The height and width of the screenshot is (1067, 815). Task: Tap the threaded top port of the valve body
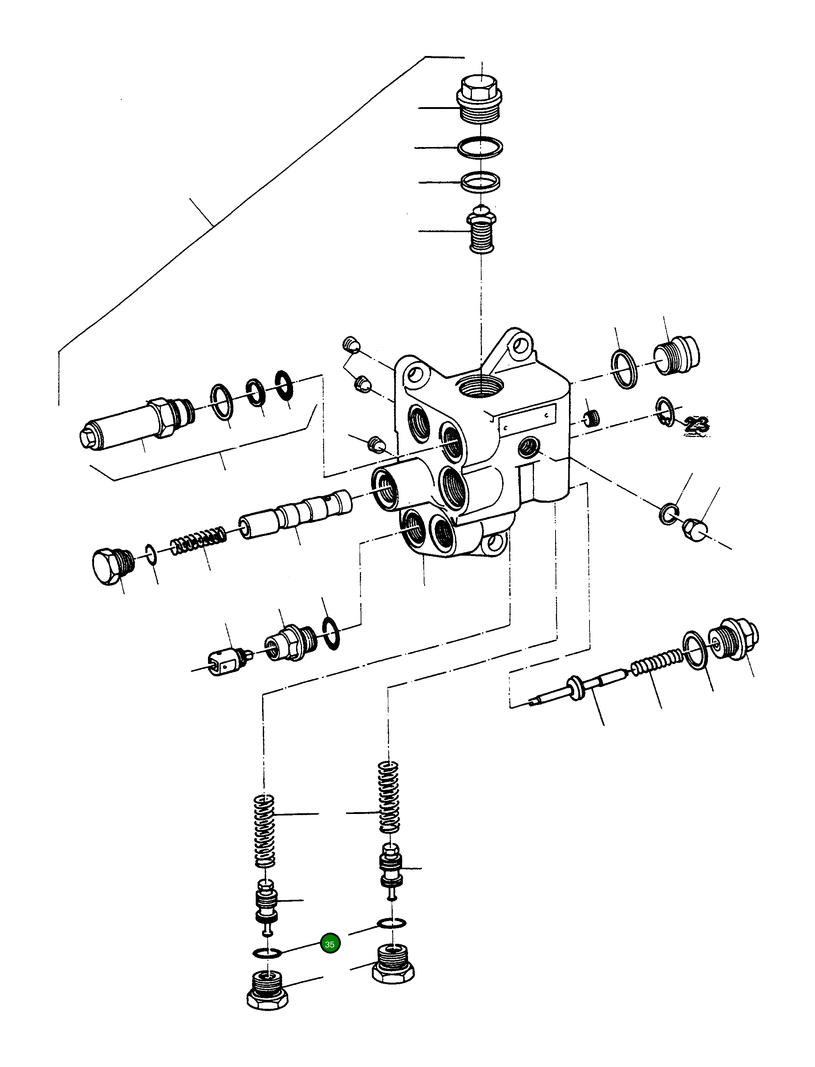coord(480,386)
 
